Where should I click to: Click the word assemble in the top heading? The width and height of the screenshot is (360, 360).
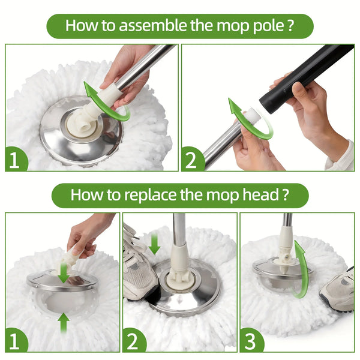tap(148, 26)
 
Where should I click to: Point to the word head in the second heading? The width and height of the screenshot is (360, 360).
tap(259, 195)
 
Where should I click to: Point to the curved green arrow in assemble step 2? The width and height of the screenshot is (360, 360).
tap(246, 117)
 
